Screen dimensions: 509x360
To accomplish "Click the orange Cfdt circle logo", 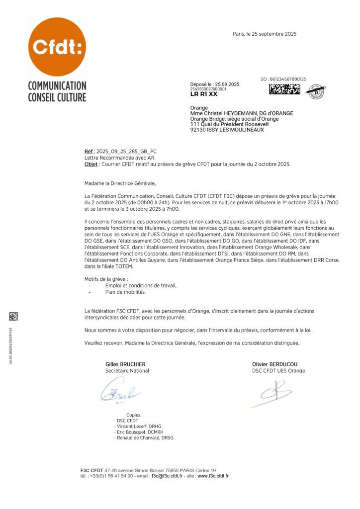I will click(57, 47).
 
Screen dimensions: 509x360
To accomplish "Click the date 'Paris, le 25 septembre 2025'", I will click(265, 34).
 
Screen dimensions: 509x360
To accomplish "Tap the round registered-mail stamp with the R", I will click(316, 91).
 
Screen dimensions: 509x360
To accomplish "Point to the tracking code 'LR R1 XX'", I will click(204, 94).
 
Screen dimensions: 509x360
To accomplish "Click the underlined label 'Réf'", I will click(89, 151).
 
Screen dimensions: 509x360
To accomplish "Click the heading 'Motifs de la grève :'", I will click(106, 279).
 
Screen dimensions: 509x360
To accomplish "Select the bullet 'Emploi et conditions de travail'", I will click(141, 285).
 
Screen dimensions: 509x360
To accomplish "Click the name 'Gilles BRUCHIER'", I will click(125, 364).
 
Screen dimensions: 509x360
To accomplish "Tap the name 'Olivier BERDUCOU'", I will click(275, 364).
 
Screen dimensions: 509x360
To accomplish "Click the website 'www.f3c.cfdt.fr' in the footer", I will click(213, 476).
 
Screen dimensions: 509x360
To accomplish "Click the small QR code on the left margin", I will click(13, 316).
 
